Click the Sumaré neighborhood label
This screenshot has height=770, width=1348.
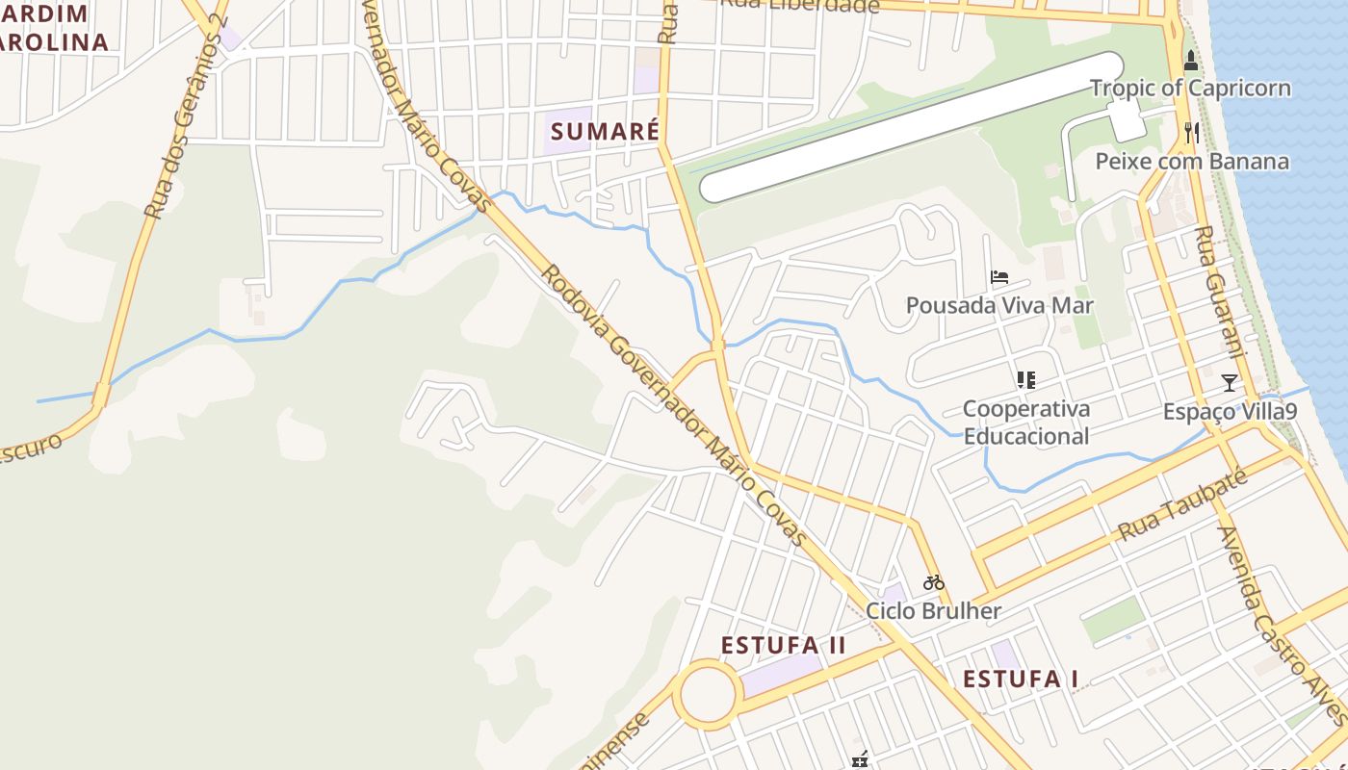pyautogui.click(x=605, y=132)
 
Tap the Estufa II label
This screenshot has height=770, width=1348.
pyautogui.click(x=784, y=645)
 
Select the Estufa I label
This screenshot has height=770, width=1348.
pyautogui.click(x=1021, y=679)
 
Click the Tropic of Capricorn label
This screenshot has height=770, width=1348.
pyautogui.click(x=1190, y=89)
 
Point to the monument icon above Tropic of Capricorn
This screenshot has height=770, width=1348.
pyautogui.click(x=1191, y=62)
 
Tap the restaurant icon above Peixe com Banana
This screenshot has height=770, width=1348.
pyautogui.click(x=1192, y=132)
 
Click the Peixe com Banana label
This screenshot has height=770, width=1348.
pyautogui.click(x=1192, y=161)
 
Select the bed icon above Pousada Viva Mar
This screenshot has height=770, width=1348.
pyautogui.click(x=999, y=278)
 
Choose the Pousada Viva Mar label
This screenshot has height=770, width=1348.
pyautogui.click(x=999, y=306)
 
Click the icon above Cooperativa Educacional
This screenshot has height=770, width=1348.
pyautogui.click(x=1026, y=380)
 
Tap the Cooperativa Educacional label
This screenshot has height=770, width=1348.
pyautogui.click(x=1026, y=423)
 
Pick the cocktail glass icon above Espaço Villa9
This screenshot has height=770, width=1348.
pyautogui.click(x=1230, y=383)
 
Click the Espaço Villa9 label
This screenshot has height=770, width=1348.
pyautogui.click(x=1230, y=412)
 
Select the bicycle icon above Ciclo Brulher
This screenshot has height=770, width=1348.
pyautogui.click(x=933, y=582)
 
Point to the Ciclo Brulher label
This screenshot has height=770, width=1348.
pyautogui.click(x=933, y=611)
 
